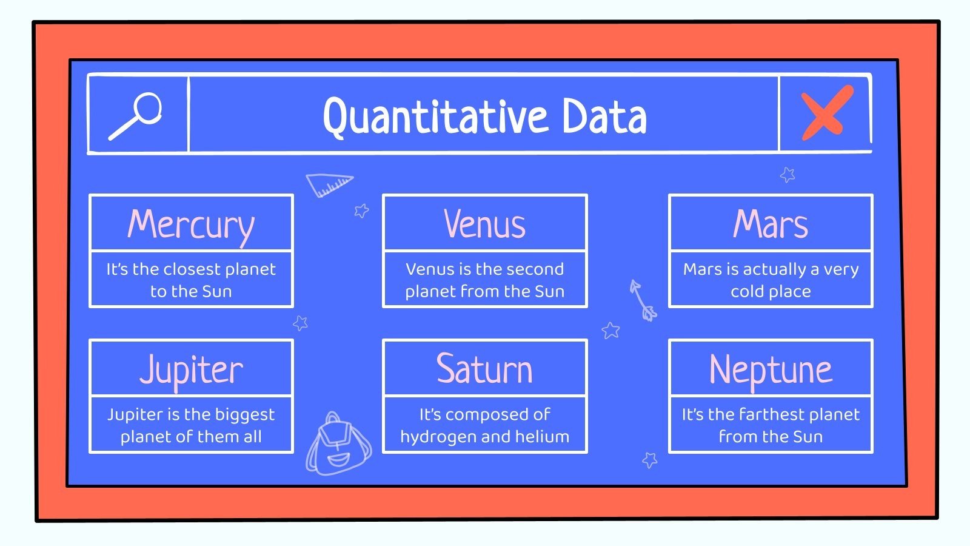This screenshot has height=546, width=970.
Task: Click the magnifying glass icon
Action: coord(136,116)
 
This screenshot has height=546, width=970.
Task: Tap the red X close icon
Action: coord(826,113)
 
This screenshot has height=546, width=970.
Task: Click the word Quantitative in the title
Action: coord(435,116)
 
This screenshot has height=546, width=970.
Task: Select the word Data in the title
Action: coord(604,116)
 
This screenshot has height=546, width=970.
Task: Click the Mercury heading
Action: coord(191,224)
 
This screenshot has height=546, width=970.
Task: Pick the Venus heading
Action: coord(484,224)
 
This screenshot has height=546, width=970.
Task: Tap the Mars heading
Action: coord(771,224)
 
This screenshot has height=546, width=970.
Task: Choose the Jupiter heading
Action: coord(191,369)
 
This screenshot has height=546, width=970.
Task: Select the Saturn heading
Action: coord(484,369)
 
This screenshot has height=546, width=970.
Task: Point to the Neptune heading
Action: coord(771,369)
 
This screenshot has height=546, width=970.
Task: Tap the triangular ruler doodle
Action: coord(328,184)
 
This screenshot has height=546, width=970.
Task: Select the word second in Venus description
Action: coord(536,269)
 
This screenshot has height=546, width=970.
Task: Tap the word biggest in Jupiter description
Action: coord(244,415)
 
